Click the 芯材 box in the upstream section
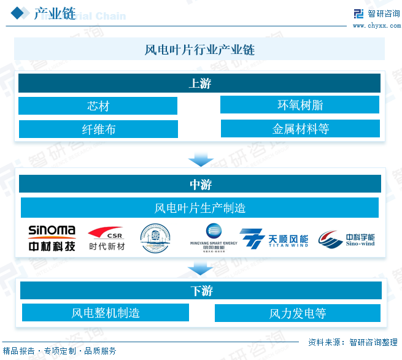tap(98, 105)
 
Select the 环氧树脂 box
tap(300, 104)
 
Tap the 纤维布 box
tap(98, 129)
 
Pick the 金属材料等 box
tap(300, 128)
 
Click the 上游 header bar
tap(199, 83)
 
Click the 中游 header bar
tap(200, 183)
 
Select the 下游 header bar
tap(201, 290)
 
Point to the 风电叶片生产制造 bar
tap(199, 207)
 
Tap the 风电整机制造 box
tap(106, 313)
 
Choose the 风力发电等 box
tap(297, 313)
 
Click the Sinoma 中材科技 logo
tap(52, 239)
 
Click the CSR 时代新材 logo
tap(107, 239)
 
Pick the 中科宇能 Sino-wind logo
tap(347, 239)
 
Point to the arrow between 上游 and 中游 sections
tap(200, 159)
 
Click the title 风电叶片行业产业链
tap(199, 49)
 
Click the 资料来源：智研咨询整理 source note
tap(352, 342)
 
